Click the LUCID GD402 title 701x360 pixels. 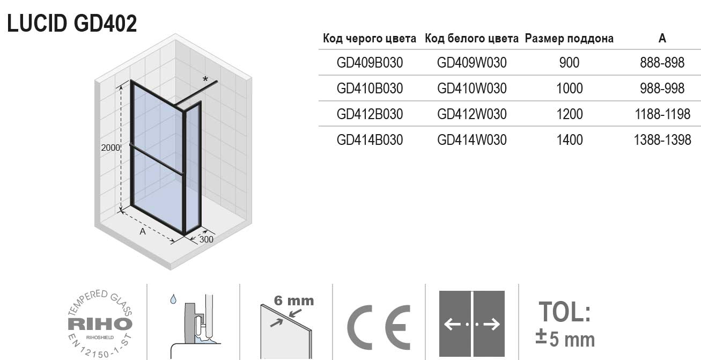pyautogui.click(x=72, y=23)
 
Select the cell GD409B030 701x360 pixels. pyautogui.click(x=370, y=63)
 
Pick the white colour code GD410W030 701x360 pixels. pyautogui.click(x=472, y=88)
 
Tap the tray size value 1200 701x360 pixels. pyautogui.click(x=569, y=114)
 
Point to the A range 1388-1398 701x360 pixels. pyautogui.click(x=662, y=139)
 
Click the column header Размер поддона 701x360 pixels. pyautogui.click(x=569, y=39)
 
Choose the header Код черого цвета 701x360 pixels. pyautogui.click(x=370, y=39)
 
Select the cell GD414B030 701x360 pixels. pyautogui.click(x=370, y=139)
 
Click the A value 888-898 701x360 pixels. pyautogui.click(x=662, y=63)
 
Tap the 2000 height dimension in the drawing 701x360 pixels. pyautogui.click(x=110, y=149)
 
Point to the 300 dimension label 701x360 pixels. pyautogui.click(x=206, y=239)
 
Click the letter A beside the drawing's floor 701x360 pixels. pyautogui.click(x=143, y=232)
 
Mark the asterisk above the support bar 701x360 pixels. pyautogui.click(x=205, y=79)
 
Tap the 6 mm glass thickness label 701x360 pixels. pyautogui.click(x=293, y=301)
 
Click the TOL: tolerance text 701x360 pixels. pyautogui.click(x=565, y=312)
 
